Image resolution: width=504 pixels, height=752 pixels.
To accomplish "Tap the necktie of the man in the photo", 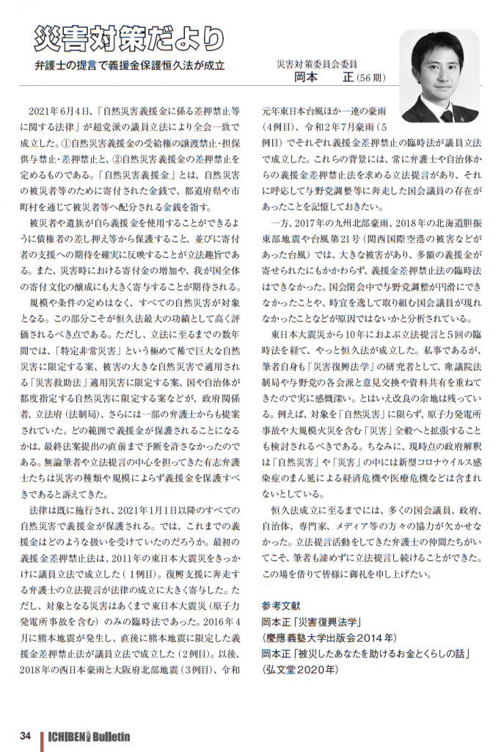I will [446, 115].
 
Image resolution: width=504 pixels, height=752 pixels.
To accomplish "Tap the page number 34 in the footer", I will [25, 736].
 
